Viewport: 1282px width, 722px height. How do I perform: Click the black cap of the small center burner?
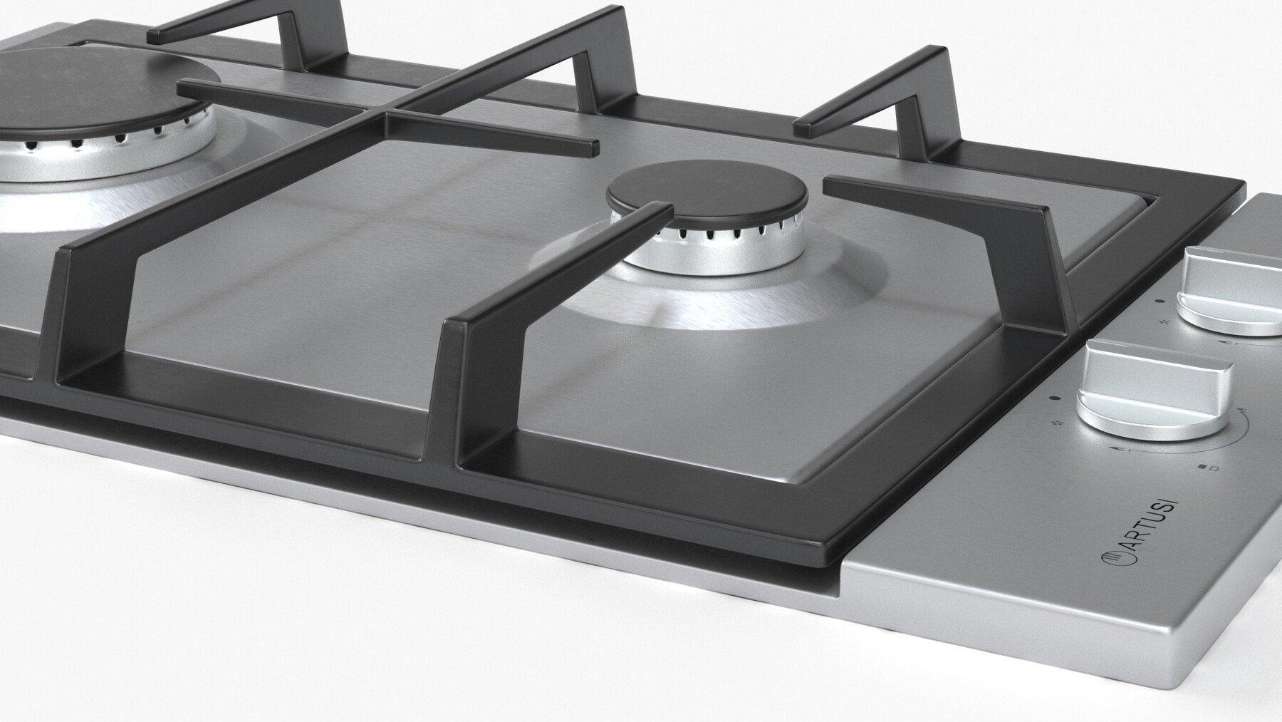[x=707, y=192]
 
